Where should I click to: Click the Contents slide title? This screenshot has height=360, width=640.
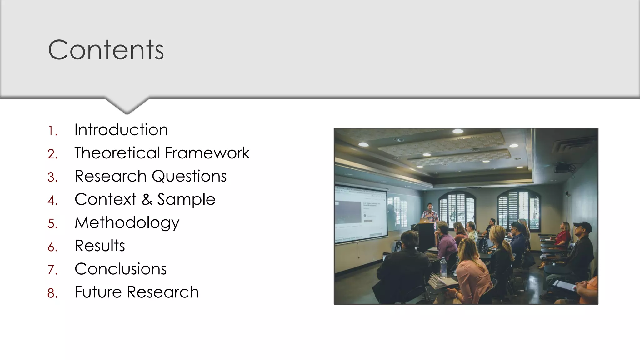coord(106,50)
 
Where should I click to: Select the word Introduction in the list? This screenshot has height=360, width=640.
coord(121,130)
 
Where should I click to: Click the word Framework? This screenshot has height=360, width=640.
coord(207,153)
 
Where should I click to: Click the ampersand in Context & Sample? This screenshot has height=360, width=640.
coord(147,200)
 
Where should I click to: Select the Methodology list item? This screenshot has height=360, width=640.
coord(127,223)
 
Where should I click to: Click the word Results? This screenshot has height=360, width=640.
coord(100,246)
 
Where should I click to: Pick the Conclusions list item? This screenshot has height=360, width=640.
coord(121,269)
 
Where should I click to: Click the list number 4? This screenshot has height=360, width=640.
coord(52,201)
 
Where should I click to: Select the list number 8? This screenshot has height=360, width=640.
coord(52,293)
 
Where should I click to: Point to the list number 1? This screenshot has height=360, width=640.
coord(52,131)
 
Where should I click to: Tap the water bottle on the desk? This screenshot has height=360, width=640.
coord(443,268)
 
